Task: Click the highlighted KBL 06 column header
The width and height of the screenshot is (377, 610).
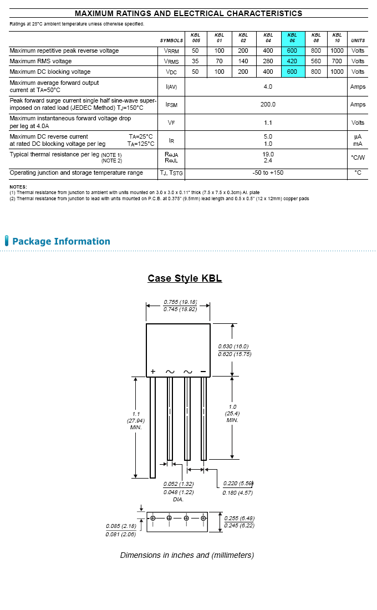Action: click(x=292, y=38)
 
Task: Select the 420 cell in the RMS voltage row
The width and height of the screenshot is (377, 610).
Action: click(x=292, y=61)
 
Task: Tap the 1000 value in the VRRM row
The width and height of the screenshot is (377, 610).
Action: click(x=337, y=50)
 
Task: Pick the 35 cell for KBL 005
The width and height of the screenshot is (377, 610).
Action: click(x=195, y=61)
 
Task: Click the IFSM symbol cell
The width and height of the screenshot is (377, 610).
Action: click(x=171, y=105)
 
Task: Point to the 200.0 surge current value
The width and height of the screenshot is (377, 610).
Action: click(x=268, y=104)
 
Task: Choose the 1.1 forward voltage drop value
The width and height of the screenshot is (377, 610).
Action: click(x=268, y=123)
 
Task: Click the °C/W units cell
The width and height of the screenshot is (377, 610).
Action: click(x=358, y=157)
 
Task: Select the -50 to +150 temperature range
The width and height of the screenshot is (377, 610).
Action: click(x=268, y=172)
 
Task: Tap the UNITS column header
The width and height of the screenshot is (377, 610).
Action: click(x=358, y=40)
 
